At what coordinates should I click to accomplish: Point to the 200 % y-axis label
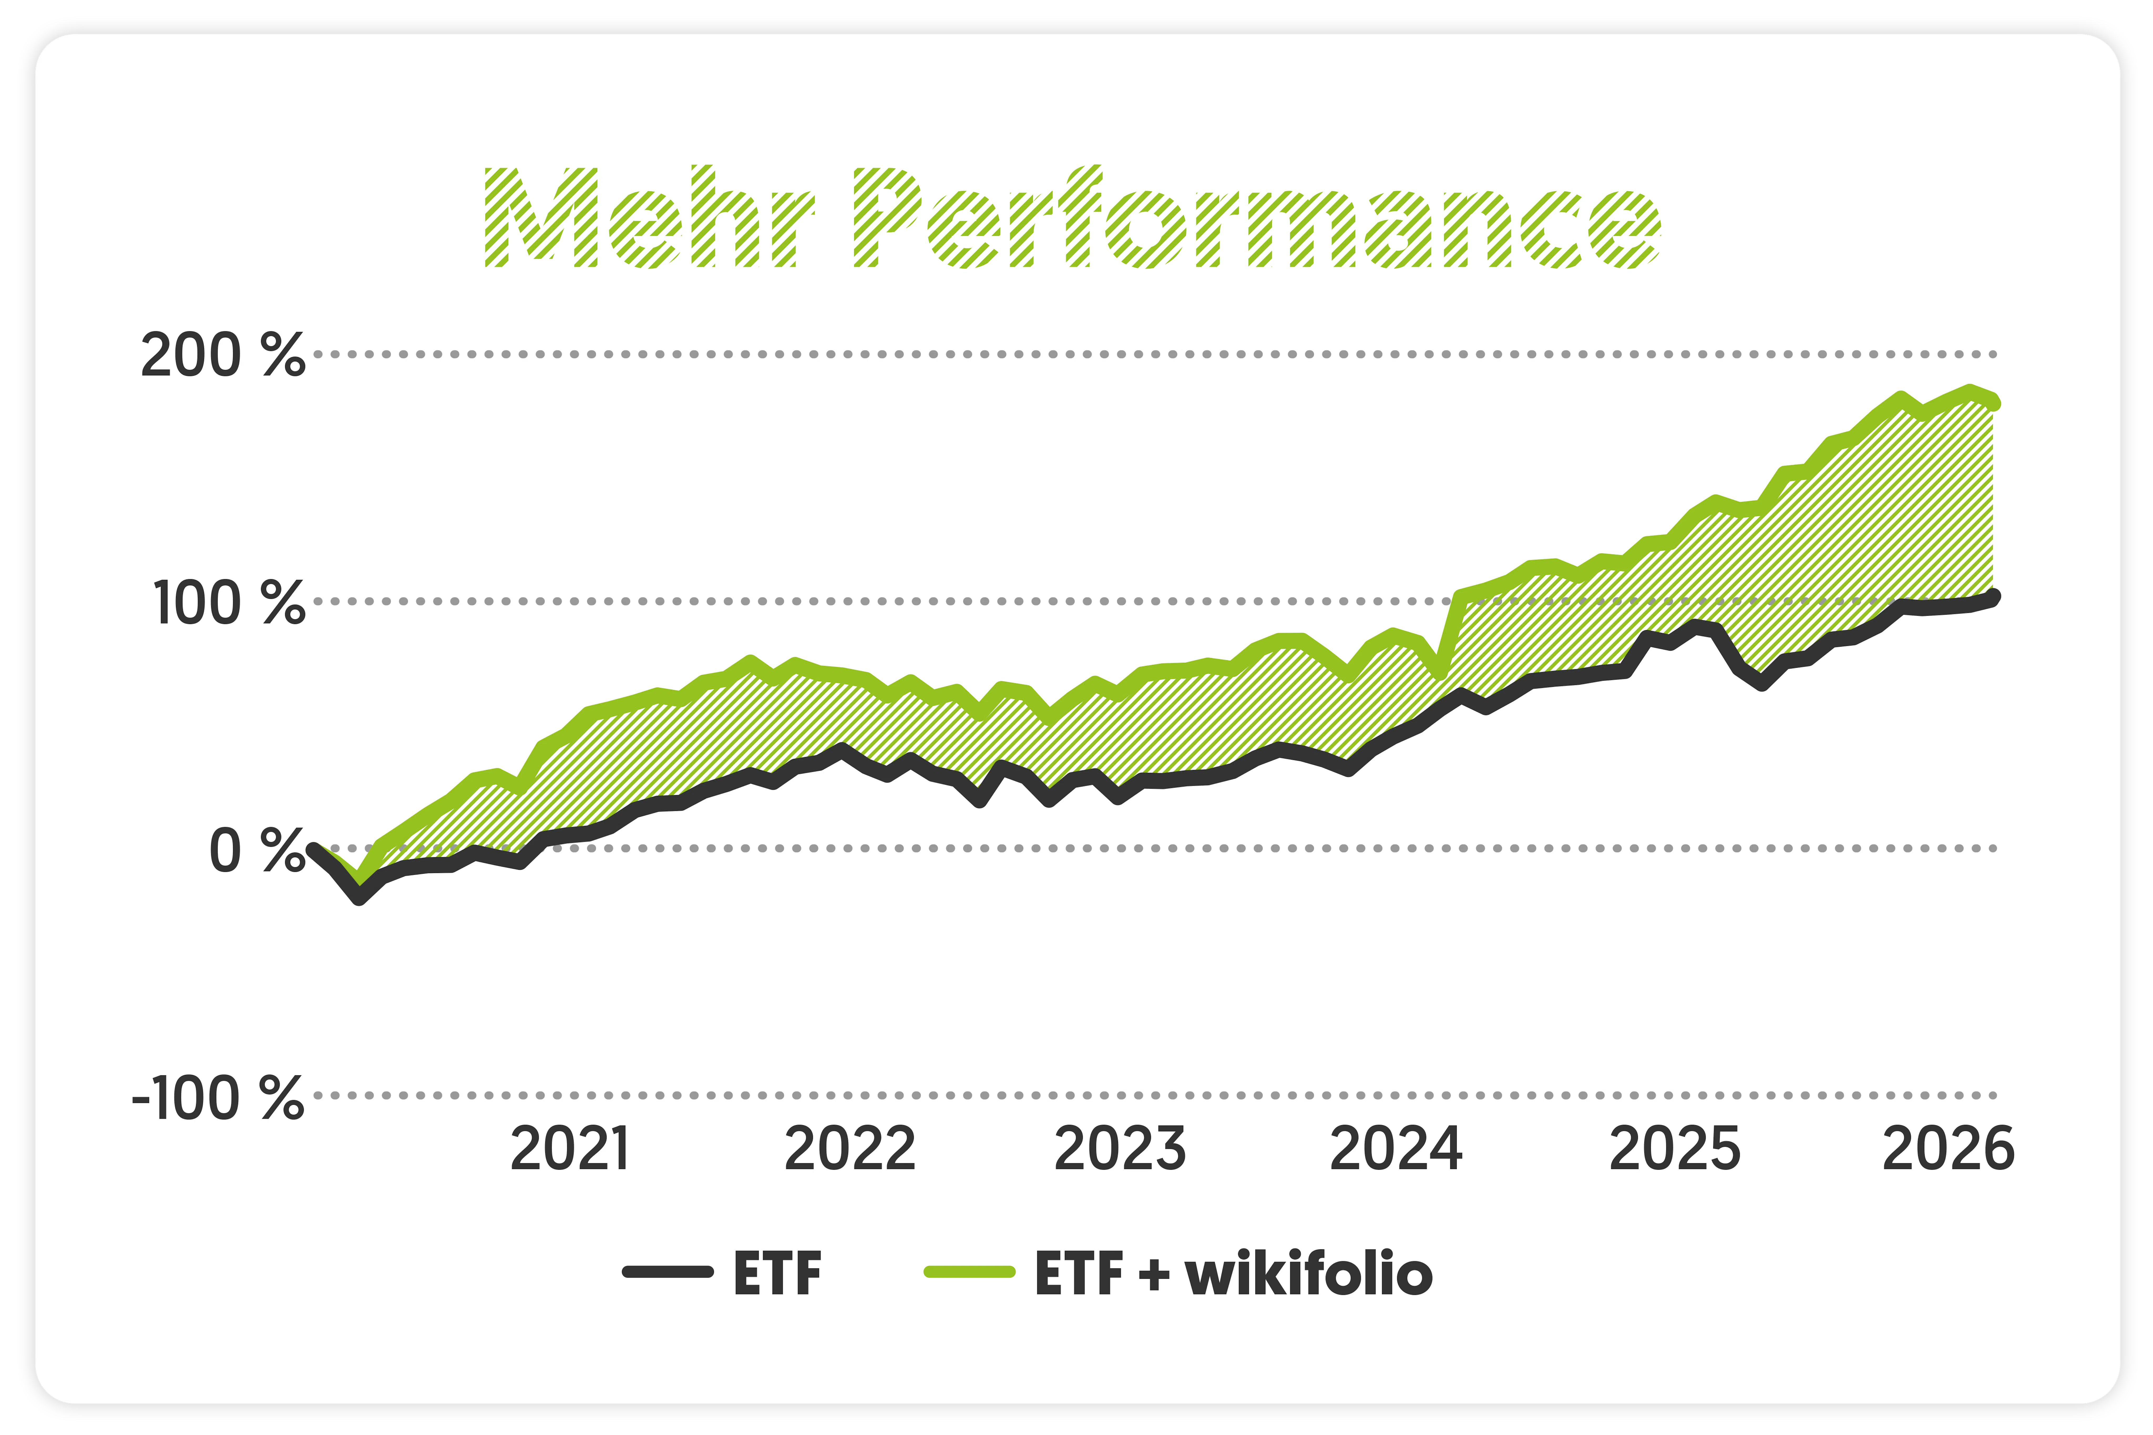[222, 355]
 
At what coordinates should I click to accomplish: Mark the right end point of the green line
[1994, 403]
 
